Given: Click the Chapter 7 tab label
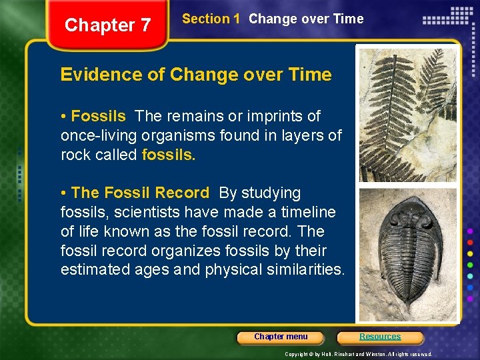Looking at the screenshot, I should coord(108,25).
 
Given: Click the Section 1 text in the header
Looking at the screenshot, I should coord(211,19).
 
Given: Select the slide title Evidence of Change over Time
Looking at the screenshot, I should coord(196,74).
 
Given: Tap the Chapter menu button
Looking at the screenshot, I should coord(281,337).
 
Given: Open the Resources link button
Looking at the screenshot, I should coord(380,337).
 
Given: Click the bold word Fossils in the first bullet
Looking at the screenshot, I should coord(98,116).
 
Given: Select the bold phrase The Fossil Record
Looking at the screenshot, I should coord(140,193).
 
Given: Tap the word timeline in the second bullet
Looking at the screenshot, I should coord(309,212).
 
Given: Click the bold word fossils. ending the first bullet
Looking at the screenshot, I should coord(169,155).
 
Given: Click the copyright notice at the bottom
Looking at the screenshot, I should coord(359,354).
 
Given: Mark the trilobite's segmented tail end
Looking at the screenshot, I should coord(407,307).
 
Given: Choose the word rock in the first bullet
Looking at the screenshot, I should coord(75,155).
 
